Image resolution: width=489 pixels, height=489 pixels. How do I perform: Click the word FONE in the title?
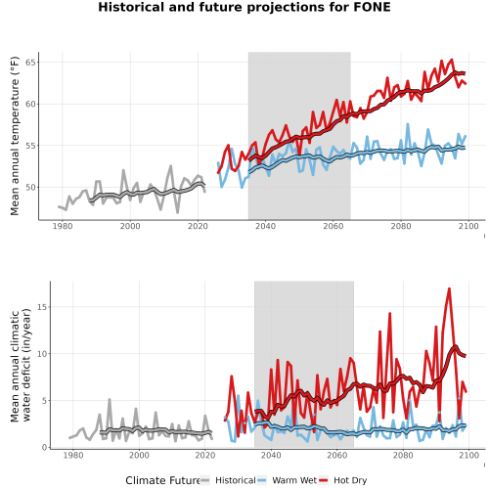click(372, 7)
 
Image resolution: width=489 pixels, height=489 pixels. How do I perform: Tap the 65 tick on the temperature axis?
click(30, 63)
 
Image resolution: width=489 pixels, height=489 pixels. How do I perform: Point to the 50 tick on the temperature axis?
click(30, 188)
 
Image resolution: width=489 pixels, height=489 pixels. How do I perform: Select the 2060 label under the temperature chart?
click(333, 226)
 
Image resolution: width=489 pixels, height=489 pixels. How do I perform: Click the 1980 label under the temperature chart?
click(63, 226)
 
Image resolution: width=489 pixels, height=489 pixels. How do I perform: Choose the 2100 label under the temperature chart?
click(468, 226)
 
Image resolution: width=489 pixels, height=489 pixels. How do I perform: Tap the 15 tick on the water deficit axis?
click(42, 307)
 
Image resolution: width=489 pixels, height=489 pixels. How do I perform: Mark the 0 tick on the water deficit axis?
click(45, 448)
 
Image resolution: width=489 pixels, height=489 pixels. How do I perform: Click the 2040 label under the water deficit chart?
click(271, 455)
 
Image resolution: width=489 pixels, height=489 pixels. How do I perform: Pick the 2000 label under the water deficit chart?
click(139, 455)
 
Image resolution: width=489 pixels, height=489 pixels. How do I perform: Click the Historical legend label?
click(236, 480)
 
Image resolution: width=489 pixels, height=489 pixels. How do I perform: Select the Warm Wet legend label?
click(294, 480)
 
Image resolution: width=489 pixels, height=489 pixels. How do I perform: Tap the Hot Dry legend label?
click(350, 480)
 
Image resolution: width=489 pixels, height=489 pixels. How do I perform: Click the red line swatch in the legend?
click(324, 480)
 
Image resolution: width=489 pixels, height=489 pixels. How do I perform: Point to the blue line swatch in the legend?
click(262, 480)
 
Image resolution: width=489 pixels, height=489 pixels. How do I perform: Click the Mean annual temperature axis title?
click(15, 136)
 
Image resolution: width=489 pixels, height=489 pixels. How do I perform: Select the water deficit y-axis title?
click(21, 365)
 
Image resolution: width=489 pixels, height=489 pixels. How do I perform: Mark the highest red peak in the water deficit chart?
click(449, 289)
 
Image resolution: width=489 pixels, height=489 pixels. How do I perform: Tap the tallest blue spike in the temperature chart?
click(408, 124)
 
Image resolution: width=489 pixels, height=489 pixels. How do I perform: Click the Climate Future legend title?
click(162, 480)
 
